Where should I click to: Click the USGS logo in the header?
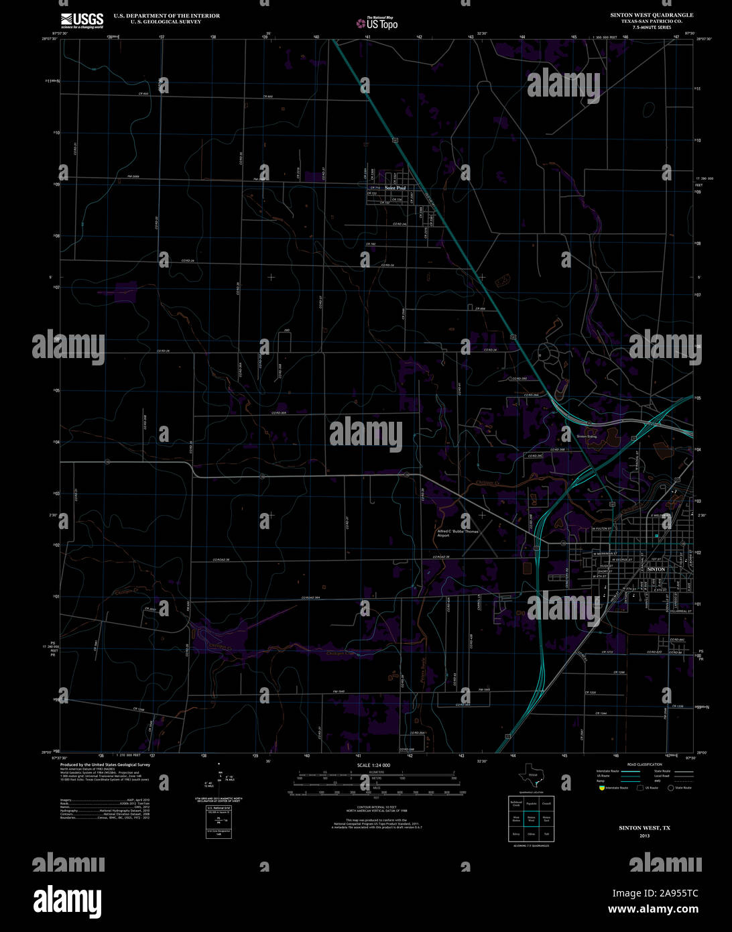[x=82, y=19]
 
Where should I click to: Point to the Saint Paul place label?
[x=395, y=188]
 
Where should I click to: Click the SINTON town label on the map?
[x=656, y=569]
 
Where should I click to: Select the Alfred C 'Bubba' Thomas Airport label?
[x=458, y=533]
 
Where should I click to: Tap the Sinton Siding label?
[x=587, y=436]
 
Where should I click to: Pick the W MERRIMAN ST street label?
[x=605, y=553]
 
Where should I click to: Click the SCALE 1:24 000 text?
[x=373, y=765]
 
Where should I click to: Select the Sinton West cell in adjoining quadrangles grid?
[x=531, y=819]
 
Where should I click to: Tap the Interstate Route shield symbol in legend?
[x=601, y=788]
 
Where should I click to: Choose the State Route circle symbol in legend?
[x=670, y=788]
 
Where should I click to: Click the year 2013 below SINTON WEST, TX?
[x=644, y=836]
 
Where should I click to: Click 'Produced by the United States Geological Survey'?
[x=105, y=764]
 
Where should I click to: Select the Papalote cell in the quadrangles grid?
[x=531, y=803]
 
